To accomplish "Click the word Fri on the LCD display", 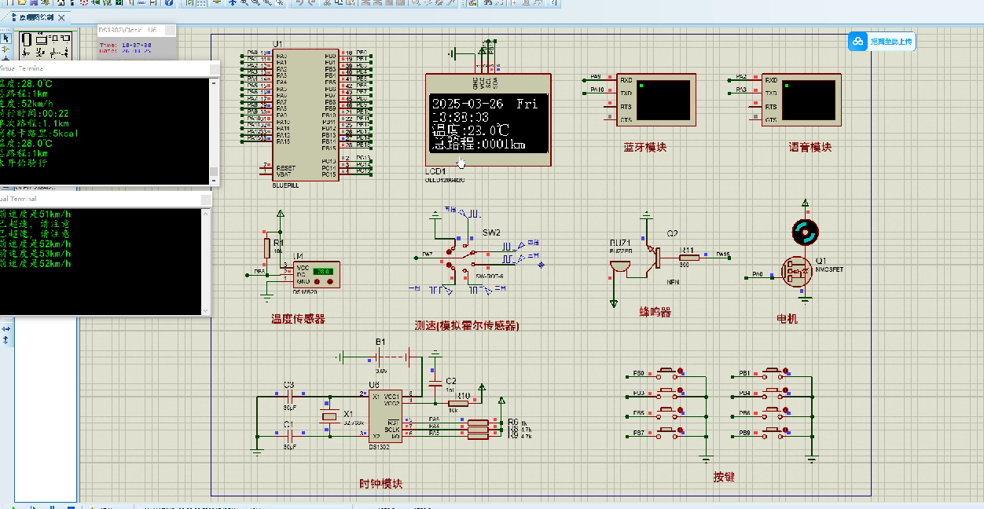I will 527,104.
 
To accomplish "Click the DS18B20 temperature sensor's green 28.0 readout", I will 322,272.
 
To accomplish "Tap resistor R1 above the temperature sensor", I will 267,248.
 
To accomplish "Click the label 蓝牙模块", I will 644,147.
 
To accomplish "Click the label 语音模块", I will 810,147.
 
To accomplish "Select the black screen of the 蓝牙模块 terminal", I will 665,99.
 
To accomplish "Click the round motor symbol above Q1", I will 805,232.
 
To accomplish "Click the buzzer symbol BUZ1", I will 619,265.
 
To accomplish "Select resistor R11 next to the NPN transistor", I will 689,256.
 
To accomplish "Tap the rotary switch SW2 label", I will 491,233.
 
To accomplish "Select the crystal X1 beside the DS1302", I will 329,419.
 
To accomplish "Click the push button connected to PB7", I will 669,430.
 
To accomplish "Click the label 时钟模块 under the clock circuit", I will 380,484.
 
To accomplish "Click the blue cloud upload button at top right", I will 881,42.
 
